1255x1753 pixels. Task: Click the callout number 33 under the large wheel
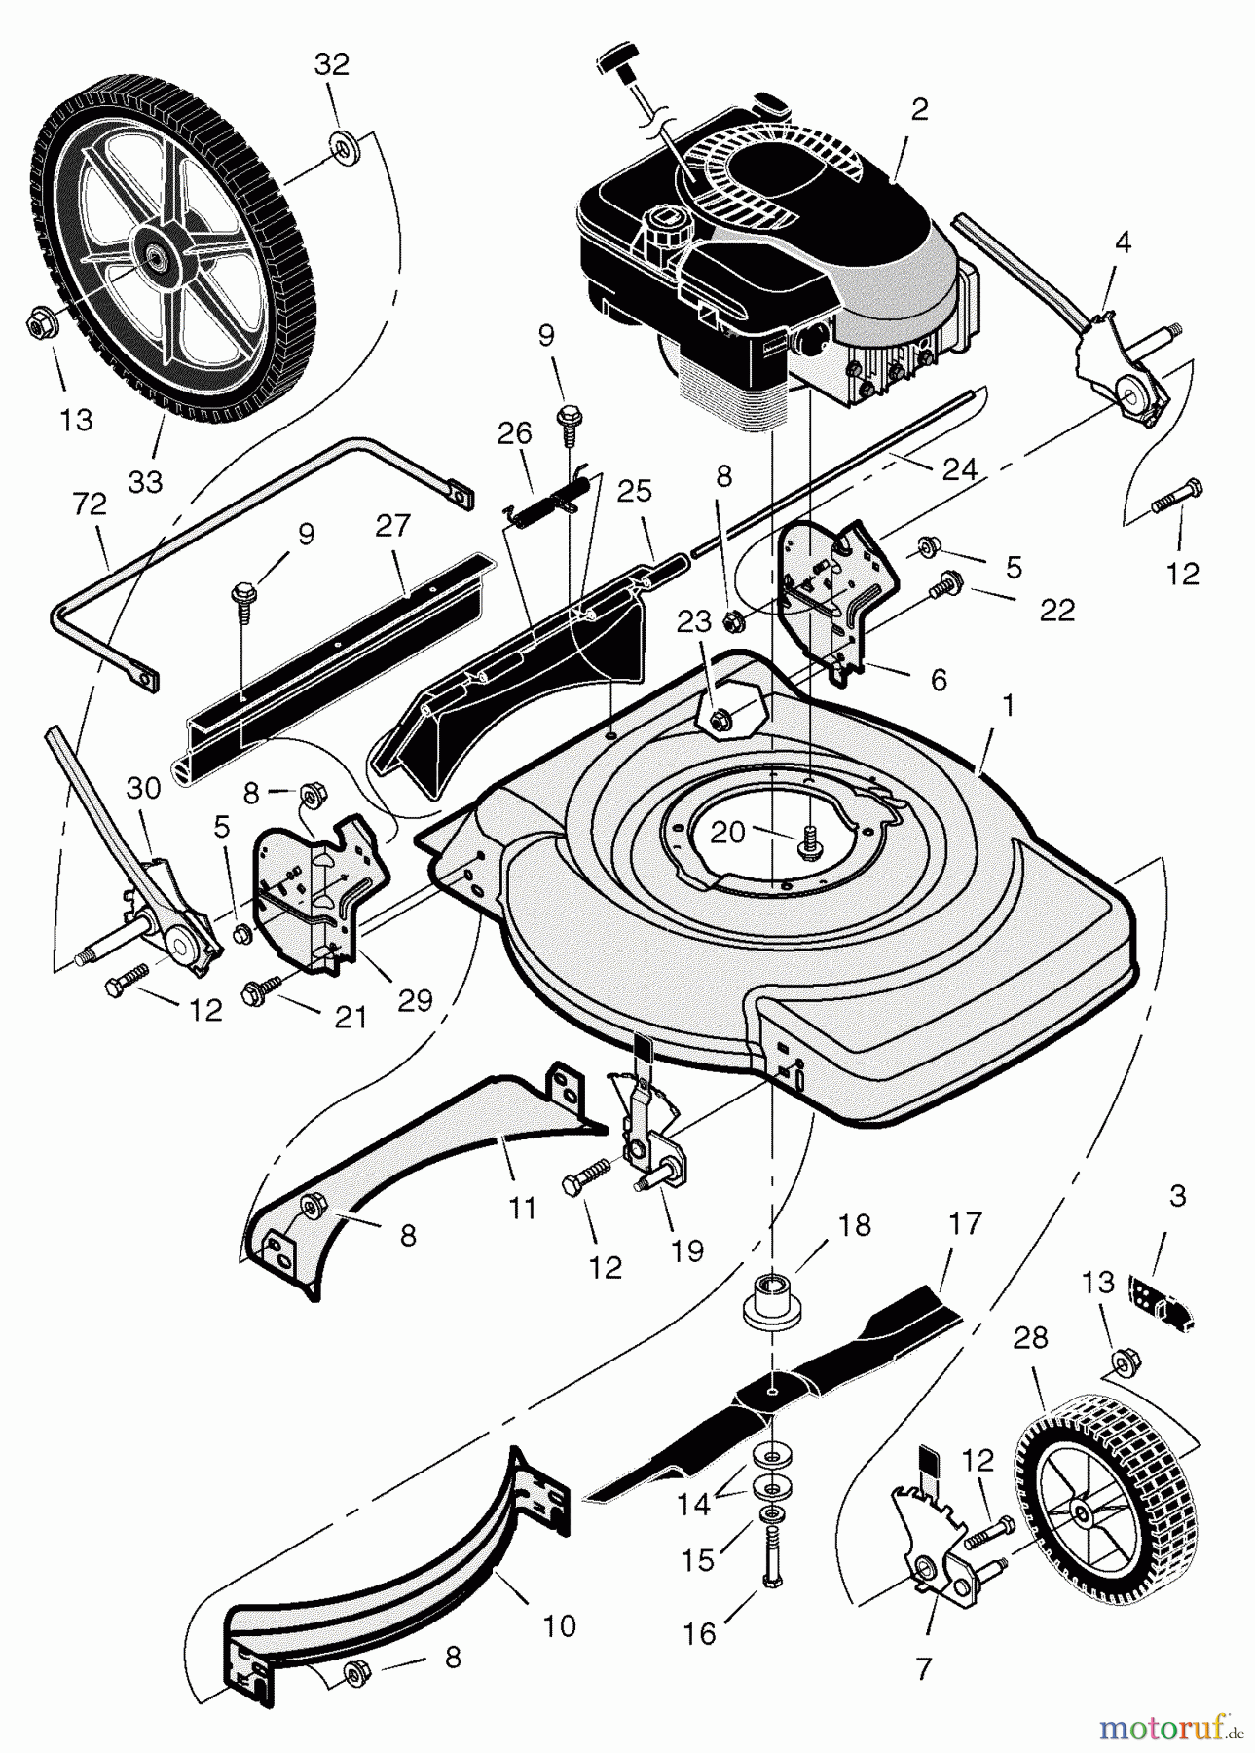(145, 481)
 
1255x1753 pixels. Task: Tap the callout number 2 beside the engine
(919, 110)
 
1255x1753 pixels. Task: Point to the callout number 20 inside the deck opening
(729, 831)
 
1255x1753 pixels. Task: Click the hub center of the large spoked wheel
(155, 256)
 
